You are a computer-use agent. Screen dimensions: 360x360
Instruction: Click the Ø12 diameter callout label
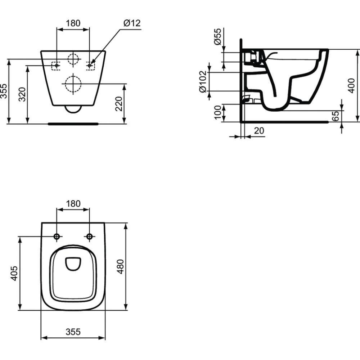[x=132, y=23]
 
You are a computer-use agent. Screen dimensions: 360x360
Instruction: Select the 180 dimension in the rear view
[x=73, y=23]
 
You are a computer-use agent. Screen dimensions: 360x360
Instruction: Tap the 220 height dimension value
[x=119, y=104]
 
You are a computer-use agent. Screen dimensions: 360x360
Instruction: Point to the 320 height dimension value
[x=22, y=94]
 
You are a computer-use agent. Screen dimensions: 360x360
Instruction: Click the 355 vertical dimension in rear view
[x=4, y=91]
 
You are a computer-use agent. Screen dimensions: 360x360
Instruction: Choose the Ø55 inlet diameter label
[x=217, y=36]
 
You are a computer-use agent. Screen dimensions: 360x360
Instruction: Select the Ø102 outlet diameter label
[x=203, y=82]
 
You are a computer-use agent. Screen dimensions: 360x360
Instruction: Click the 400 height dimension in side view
[x=351, y=86]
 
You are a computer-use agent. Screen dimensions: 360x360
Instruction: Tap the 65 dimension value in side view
[x=336, y=116]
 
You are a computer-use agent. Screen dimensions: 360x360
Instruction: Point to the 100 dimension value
[x=218, y=112]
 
